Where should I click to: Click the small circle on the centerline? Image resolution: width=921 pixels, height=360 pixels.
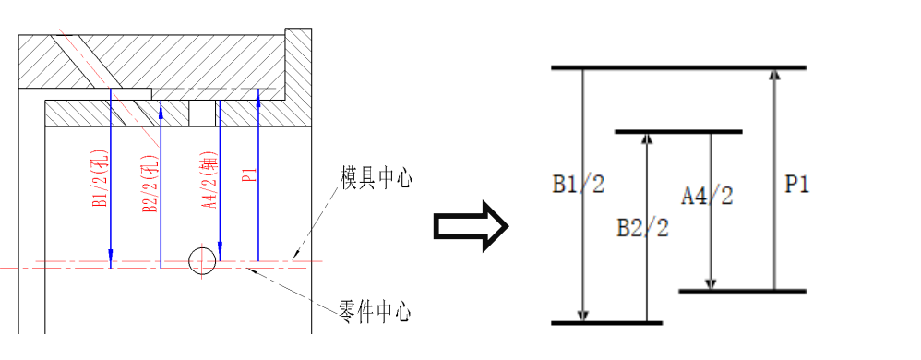tap(202, 261)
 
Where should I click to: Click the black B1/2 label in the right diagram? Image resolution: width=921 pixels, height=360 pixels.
tap(579, 185)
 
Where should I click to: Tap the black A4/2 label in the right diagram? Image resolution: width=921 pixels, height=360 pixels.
tap(707, 196)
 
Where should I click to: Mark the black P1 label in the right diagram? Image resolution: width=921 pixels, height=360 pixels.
tap(796, 185)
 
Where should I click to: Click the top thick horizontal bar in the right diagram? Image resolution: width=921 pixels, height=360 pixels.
tap(678, 67)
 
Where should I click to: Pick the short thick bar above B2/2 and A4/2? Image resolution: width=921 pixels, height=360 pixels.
tap(678, 132)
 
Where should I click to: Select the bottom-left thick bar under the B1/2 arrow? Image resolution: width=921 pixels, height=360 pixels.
tap(606, 323)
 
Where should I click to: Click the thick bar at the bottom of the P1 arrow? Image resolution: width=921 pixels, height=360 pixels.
tap(743, 292)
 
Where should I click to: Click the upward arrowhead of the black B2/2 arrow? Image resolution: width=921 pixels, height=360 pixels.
tap(647, 139)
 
